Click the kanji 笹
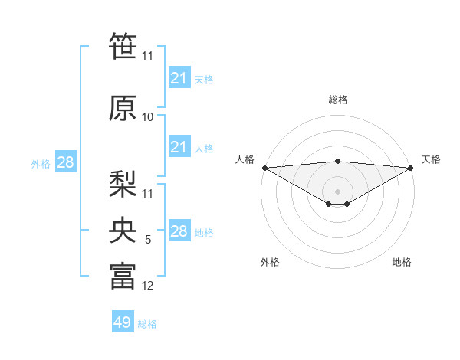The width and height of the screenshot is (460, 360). click(x=123, y=47)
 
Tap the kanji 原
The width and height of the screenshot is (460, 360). click(x=123, y=108)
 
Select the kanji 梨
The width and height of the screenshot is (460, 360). click(x=123, y=183)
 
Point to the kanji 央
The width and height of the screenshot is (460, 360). click(x=123, y=229)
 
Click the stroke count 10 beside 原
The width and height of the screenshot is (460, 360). click(x=148, y=117)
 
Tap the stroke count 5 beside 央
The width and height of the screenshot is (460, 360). click(x=148, y=240)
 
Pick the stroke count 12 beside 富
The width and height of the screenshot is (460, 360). click(x=148, y=286)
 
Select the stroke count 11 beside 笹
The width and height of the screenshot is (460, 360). click(x=148, y=56)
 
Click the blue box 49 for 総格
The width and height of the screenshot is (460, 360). click(x=123, y=322)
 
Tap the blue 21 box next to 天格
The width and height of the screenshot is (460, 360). click(x=179, y=78)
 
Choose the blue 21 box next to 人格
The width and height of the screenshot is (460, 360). click(x=179, y=147)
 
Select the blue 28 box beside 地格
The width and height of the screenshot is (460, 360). click(x=179, y=231)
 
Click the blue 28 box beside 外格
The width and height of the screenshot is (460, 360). click(x=65, y=162)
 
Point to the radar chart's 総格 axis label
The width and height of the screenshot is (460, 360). click(x=337, y=100)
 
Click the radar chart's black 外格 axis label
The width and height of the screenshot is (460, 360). click(x=270, y=262)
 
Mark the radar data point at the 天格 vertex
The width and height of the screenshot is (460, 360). click(x=411, y=168)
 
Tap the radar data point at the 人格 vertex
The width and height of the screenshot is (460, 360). click(x=264, y=168)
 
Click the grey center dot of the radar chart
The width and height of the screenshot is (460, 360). click(x=337, y=191)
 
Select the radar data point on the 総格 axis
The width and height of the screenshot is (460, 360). click(x=337, y=161)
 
